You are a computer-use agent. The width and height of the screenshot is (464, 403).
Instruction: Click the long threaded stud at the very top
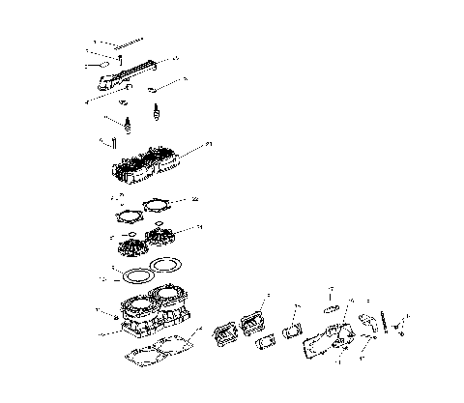point(120,44)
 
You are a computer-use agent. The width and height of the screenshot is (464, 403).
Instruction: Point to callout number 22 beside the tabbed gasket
point(196,199)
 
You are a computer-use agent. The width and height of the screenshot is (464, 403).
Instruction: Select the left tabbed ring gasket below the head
point(124,214)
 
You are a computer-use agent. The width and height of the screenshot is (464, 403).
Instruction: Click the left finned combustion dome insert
point(128,247)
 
